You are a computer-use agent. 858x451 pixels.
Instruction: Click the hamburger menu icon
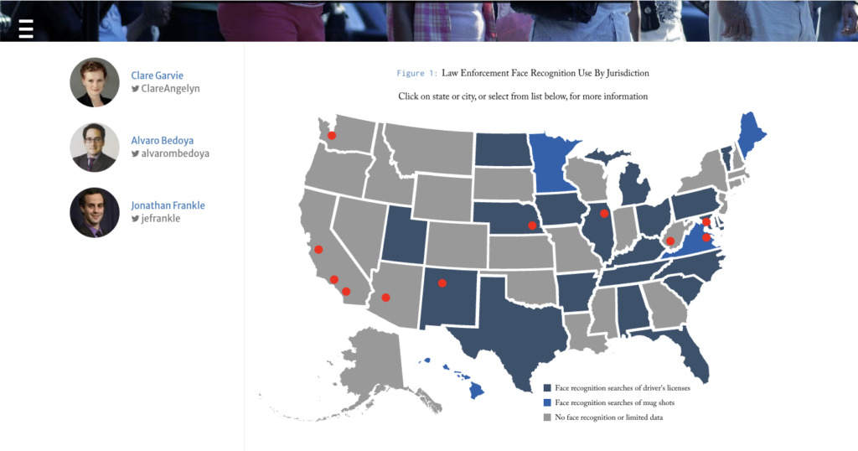click(x=26, y=29)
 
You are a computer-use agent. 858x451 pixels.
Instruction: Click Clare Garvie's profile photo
click(x=95, y=82)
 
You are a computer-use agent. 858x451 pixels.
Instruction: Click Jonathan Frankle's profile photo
click(x=95, y=212)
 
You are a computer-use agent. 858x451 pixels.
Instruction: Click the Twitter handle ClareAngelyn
click(x=170, y=88)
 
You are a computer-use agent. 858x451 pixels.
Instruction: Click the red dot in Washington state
click(x=331, y=136)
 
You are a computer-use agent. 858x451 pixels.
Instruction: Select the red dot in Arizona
click(x=385, y=298)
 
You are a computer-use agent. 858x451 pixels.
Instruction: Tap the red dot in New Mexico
click(x=442, y=283)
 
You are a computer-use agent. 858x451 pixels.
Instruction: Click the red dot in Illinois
click(x=604, y=214)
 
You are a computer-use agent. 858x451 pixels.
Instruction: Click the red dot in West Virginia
click(x=670, y=241)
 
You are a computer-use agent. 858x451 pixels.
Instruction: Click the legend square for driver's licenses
click(x=547, y=388)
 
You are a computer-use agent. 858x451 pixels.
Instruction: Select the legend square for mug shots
click(x=547, y=403)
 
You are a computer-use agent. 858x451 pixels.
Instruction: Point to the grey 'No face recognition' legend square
click(x=547, y=417)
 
